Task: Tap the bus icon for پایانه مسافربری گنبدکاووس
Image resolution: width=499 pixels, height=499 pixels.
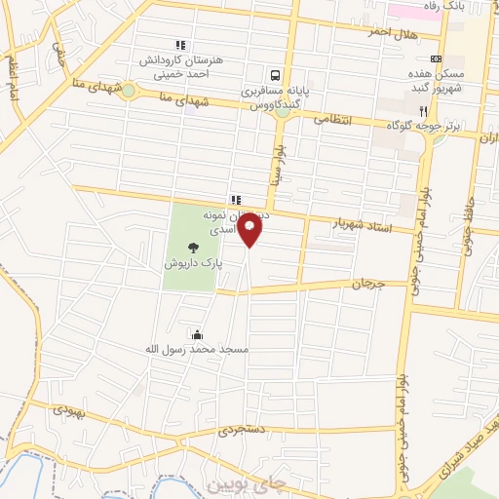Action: click(x=277, y=75)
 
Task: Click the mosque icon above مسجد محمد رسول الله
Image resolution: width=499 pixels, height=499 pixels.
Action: click(x=199, y=334)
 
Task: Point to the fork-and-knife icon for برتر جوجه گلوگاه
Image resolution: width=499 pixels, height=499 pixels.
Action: click(x=422, y=111)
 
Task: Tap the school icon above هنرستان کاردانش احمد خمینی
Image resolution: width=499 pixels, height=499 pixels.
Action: click(x=179, y=45)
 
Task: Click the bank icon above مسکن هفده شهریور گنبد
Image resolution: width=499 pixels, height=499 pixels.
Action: click(x=436, y=58)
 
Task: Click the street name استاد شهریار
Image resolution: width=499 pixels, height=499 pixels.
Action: click(x=361, y=224)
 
